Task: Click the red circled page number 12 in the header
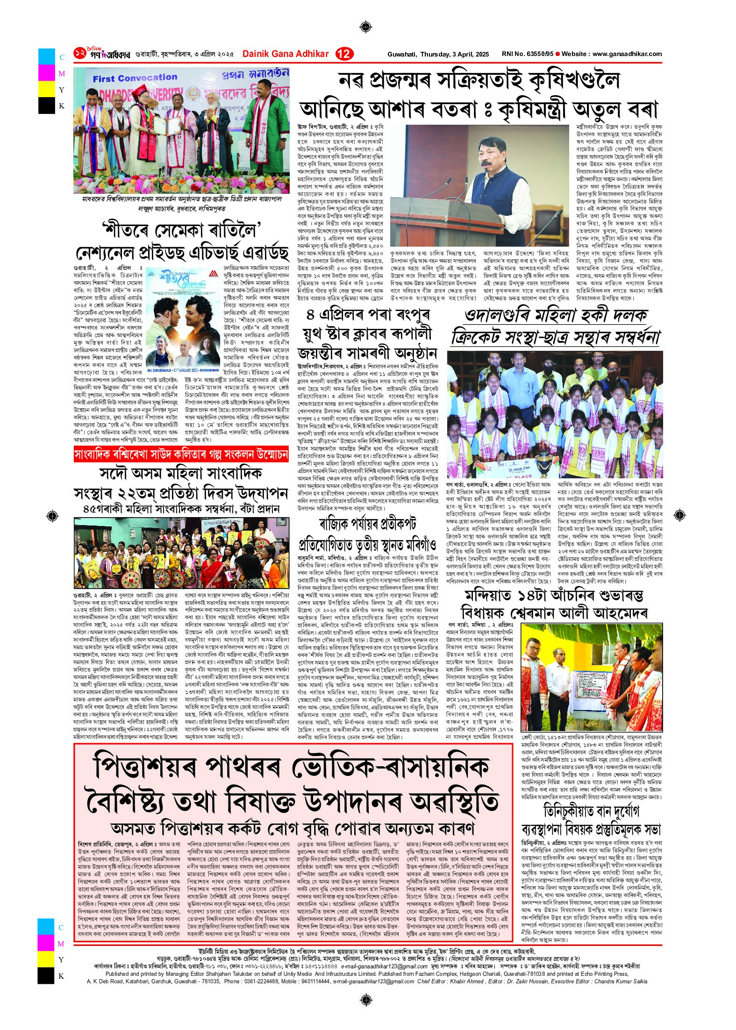click(345, 54)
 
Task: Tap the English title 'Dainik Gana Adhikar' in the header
click(286, 54)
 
